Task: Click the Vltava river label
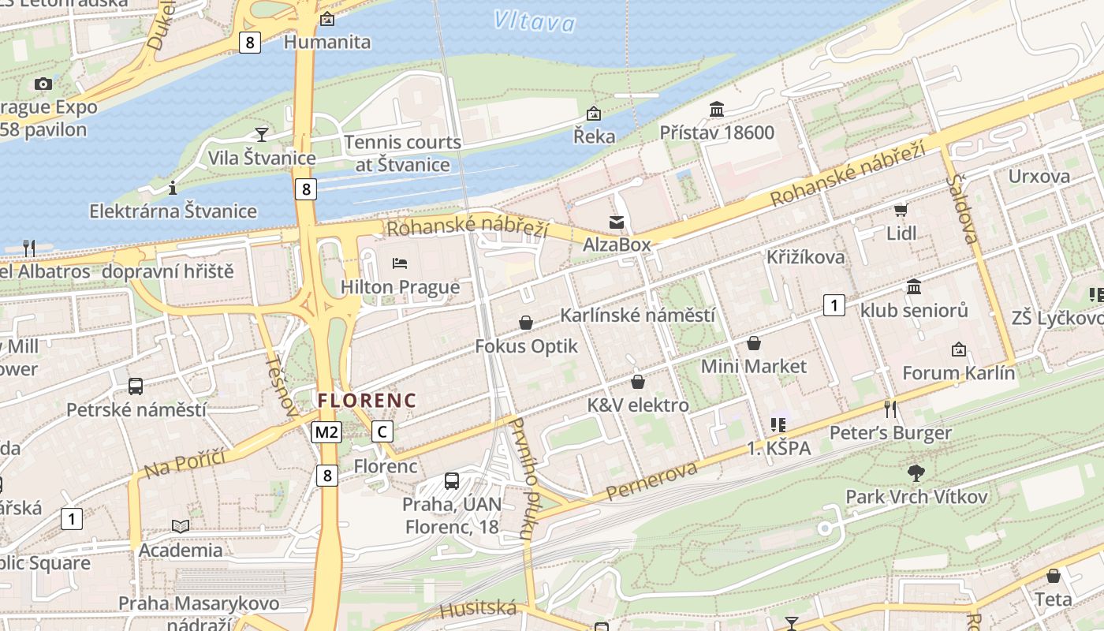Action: [x=535, y=21]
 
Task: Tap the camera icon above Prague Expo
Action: [x=43, y=84]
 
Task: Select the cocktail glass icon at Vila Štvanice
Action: [x=262, y=134]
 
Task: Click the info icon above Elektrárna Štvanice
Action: [x=173, y=188]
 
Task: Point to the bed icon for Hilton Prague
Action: [x=400, y=263]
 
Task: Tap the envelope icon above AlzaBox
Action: [x=617, y=222]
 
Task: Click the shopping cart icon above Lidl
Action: [x=901, y=210]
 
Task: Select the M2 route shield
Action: [x=326, y=431]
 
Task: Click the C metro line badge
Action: [x=382, y=431]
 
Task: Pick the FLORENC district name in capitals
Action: [x=367, y=401]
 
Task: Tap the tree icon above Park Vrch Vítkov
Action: [x=916, y=472]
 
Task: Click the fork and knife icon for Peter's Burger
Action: [x=890, y=409]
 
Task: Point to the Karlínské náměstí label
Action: [x=637, y=315]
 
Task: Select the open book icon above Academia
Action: [x=181, y=526]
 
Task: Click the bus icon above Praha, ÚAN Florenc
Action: [x=452, y=480]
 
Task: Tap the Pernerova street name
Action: [x=652, y=480]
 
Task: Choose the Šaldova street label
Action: [x=963, y=209]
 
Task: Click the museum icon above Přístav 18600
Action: [x=717, y=109]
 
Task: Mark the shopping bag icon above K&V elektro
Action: [x=638, y=382]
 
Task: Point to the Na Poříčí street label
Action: [x=185, y=464]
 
